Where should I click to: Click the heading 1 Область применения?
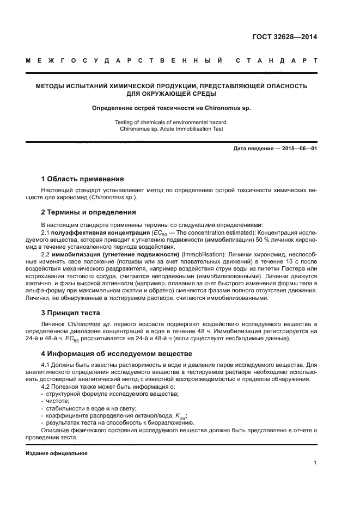coord(83,179)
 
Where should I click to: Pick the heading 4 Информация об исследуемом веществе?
coord(109,354)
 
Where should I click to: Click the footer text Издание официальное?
coord(57,453)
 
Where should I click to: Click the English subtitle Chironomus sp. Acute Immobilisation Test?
coord(172,129)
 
